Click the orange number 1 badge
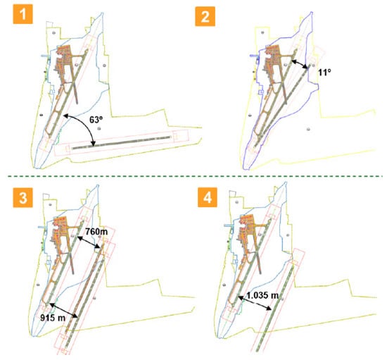click(x=23, y=14)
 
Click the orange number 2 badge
click(x=205, y=16)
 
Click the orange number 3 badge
click(x=23, y=197)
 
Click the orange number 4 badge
click(x=208, y=197)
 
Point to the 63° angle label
click(x=96, y=120)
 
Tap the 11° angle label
click(x=324, y=72)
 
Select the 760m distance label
click(x=96, y=232)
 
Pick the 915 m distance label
click(x=53, y=317)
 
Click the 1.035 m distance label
click(x=262, y=295)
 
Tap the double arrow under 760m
click(x=89, y=242)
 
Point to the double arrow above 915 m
click(x=64, y=311)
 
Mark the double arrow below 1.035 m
click(x=255, y=303)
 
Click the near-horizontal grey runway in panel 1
click(x=122, y=142)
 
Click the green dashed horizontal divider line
click(x=195, y=176)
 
